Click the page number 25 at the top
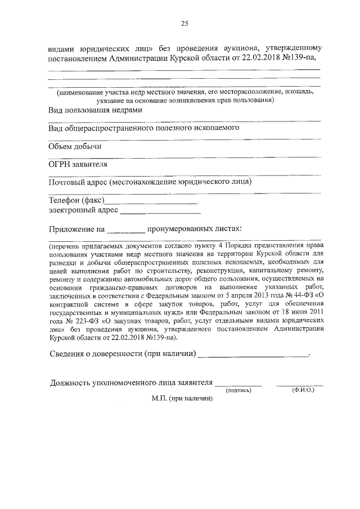[x=183, y=23]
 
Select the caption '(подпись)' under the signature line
[x=238, y=389]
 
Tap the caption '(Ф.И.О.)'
[x=299, y=389]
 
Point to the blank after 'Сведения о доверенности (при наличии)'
[x=254, y=355]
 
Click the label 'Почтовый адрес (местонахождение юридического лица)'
[x=150, y=182]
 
